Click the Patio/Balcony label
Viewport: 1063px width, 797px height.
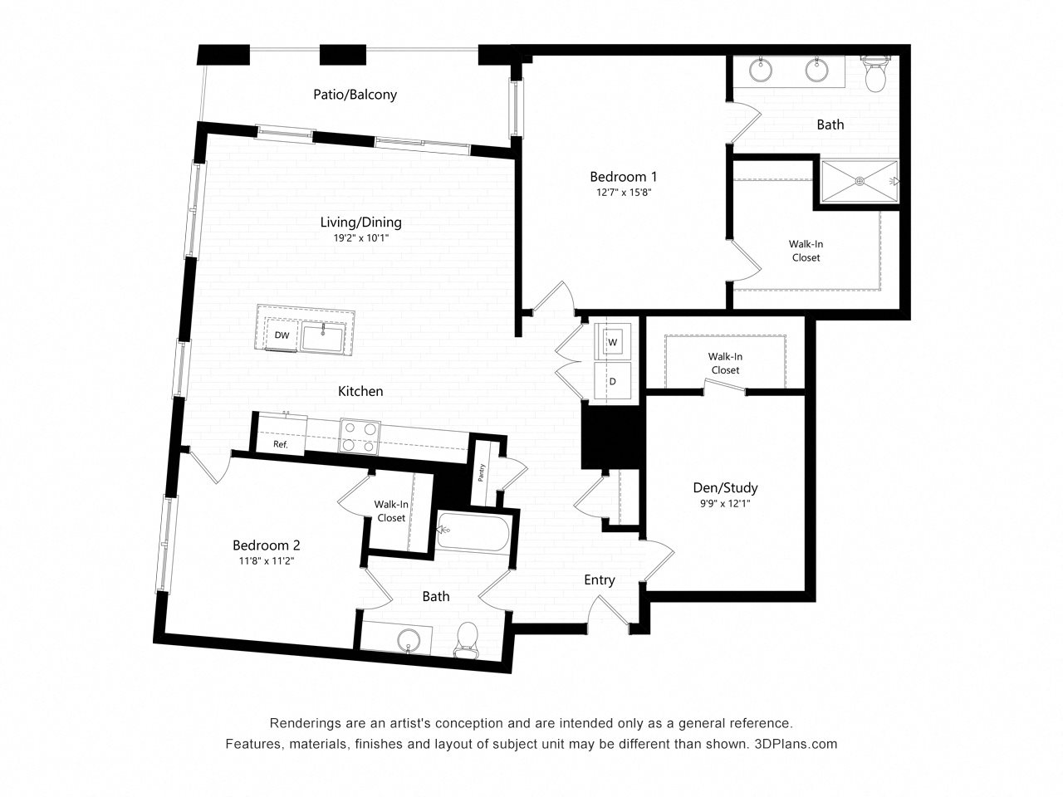tap(355, 95)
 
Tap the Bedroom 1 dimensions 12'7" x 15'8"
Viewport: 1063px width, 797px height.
tap(624, 193)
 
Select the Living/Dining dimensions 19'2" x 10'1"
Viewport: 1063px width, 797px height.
tap(360, 238)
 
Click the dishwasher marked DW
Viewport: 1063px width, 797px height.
tap(282, 335)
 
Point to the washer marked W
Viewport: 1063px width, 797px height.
tap(613, 342)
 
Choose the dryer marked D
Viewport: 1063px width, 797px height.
tap(613, 381)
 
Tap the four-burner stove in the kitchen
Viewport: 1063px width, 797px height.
tap(360, 436)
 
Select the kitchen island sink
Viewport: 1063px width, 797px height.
tap(323, 337)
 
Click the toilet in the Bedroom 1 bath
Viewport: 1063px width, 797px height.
tap(875, 75)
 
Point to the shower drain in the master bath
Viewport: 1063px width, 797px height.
tap(860, 181)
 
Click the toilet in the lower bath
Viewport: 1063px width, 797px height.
tap(467, 640)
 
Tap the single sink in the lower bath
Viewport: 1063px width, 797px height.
tap(409, 641)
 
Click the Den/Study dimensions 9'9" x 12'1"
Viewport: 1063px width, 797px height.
tap(725, 504)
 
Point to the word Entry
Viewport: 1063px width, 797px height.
tap(599, 579)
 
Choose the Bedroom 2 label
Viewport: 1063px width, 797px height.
tap(267, 545)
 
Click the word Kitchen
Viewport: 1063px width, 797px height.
tap(360, 391)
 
